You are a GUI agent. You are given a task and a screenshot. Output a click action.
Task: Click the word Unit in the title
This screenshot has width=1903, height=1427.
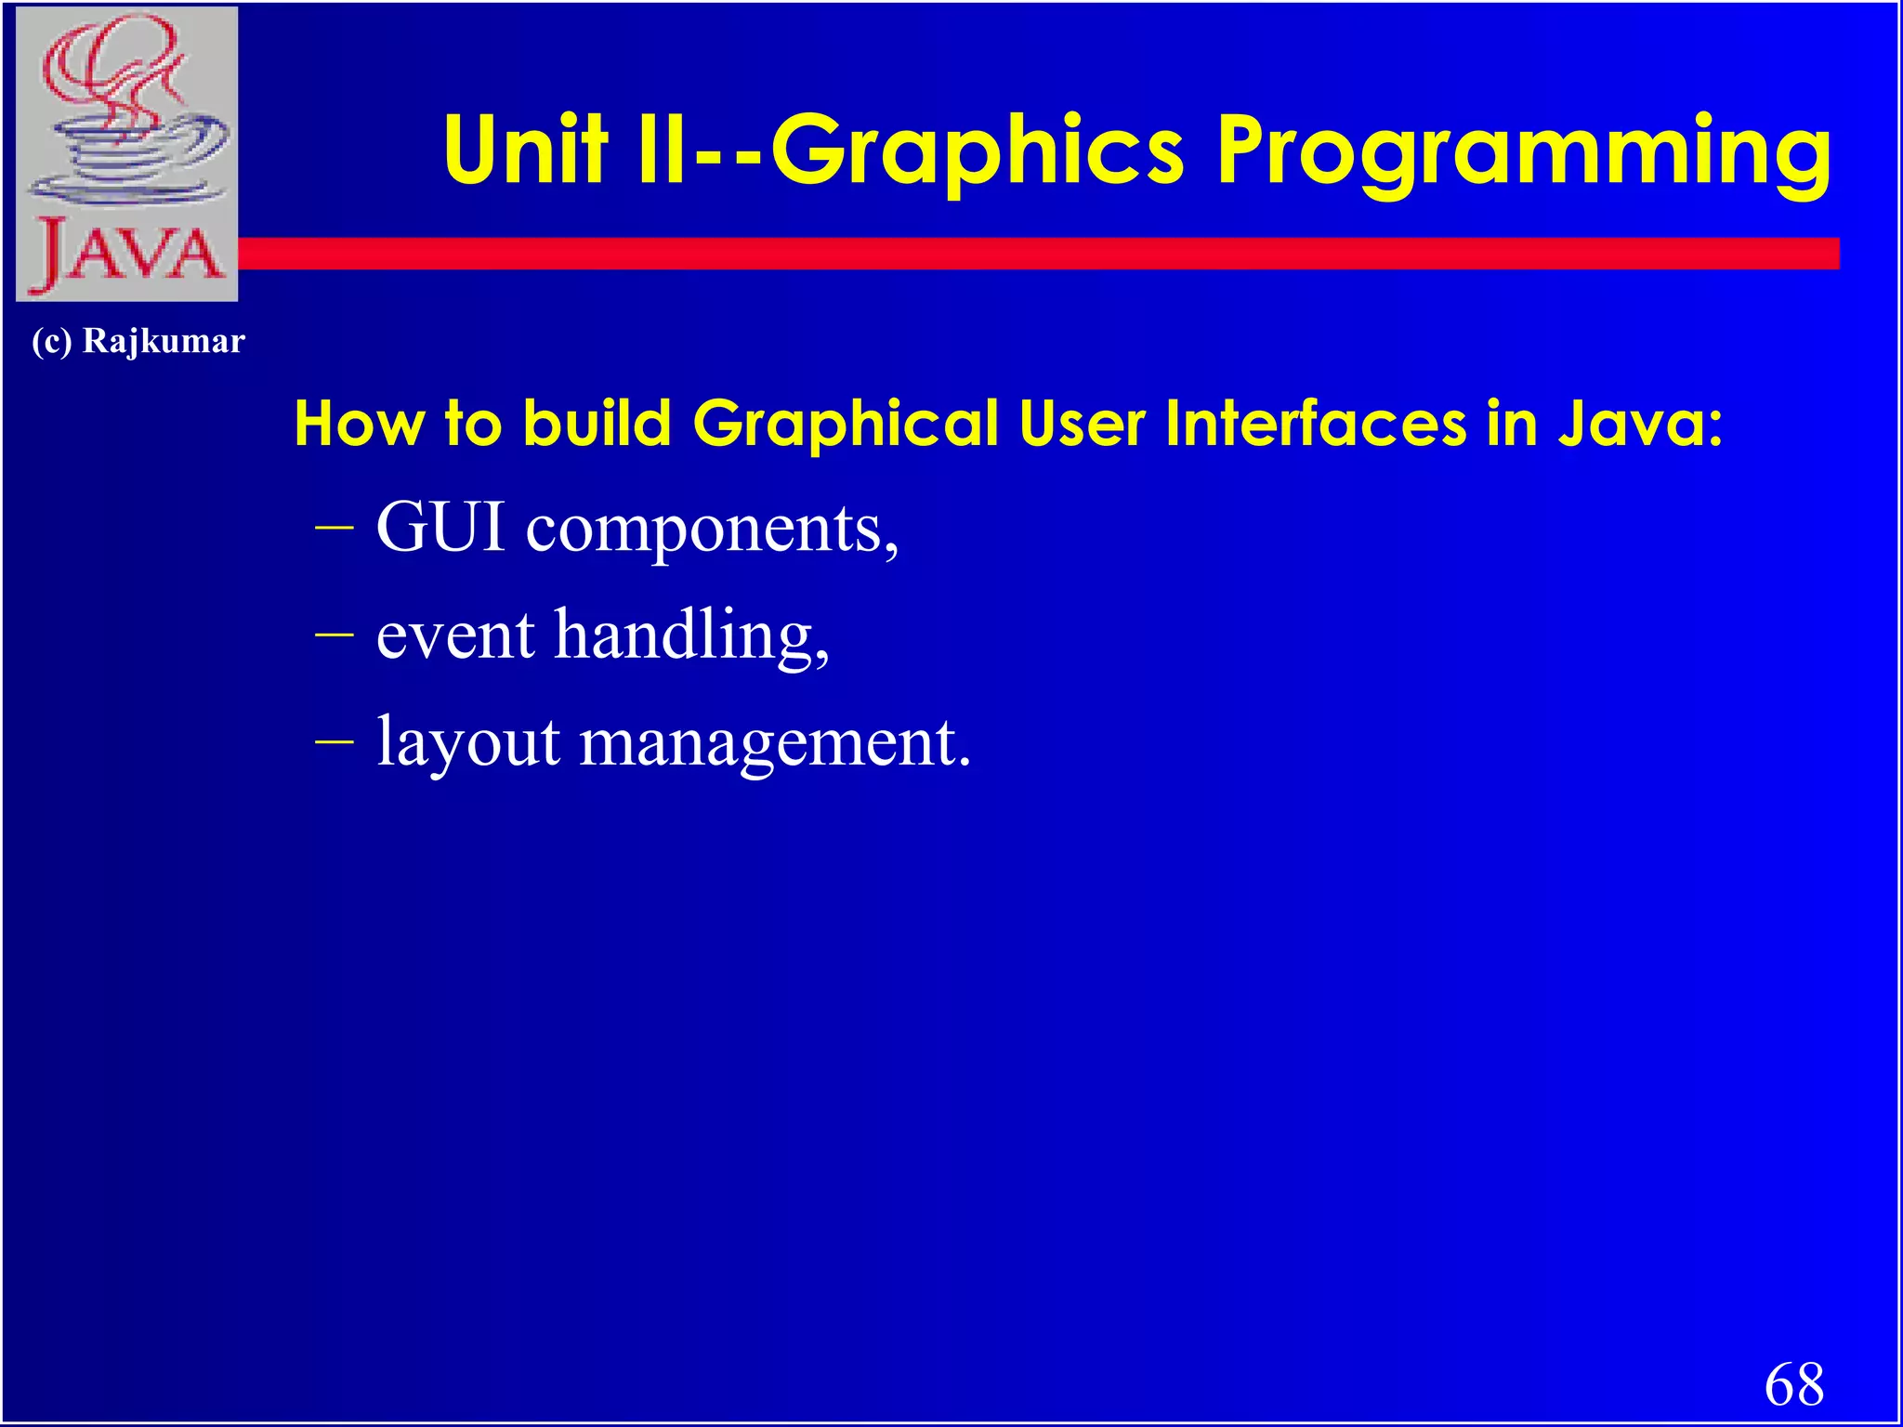[525, 151]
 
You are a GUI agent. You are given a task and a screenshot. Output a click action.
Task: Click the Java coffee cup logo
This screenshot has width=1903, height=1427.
[127, 121]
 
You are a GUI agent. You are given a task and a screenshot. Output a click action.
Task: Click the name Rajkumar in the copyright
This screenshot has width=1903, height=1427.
[164, 341]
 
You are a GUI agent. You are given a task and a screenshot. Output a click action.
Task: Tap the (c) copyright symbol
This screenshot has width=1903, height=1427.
[52, 341]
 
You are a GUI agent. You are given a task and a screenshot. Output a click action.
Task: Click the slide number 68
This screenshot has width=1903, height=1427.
[1793, 1383]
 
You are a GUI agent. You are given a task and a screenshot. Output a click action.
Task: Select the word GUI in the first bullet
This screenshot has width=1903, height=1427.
[440, 527]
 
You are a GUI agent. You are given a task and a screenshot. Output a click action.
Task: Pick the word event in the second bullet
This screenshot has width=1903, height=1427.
[455, 635]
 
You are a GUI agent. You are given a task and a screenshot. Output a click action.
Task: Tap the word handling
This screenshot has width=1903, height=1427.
[691, 637]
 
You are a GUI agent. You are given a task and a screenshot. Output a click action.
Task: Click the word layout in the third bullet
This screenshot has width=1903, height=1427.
[468, 743]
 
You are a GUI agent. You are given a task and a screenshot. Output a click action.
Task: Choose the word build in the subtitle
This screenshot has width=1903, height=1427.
[597, 424]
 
